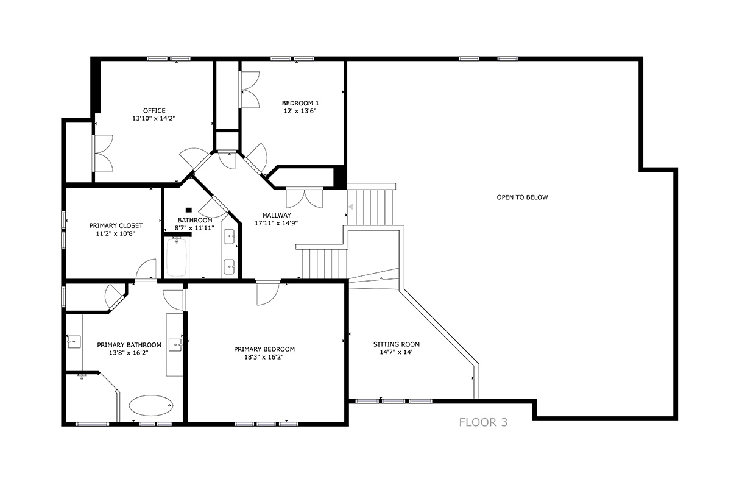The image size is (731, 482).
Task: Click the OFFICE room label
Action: pos(154,111)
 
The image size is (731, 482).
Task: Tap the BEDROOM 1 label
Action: pos(300,103)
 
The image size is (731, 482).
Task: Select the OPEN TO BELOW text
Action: pos(522,197)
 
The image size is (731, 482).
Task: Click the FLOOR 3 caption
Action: pos(483,422)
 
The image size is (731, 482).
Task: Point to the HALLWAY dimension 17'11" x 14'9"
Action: pos(277,223)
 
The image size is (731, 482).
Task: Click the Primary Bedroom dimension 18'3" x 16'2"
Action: pos(264,357)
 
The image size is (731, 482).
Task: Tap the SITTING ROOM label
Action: pos(397,344)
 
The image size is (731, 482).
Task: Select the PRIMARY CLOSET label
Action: pos(116,225)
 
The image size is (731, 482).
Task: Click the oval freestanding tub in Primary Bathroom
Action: pos(151,405)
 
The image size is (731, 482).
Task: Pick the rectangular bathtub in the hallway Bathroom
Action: pos(177,258)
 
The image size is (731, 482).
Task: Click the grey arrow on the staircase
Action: pos(351,207)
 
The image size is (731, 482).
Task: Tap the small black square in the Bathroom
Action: pos(189,210)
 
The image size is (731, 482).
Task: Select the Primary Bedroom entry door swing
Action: pos(267,294)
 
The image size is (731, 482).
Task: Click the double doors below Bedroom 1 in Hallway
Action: pos(305,198)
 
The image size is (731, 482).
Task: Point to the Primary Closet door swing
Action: pos(146,269)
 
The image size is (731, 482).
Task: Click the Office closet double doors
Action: pos(103,153)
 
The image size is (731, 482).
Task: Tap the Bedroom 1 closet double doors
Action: pos(250,90)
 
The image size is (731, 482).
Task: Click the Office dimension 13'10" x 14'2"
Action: pos(154,118)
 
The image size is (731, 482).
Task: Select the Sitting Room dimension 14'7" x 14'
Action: pos(397,352)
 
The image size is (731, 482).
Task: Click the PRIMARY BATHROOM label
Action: pos(129,345)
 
